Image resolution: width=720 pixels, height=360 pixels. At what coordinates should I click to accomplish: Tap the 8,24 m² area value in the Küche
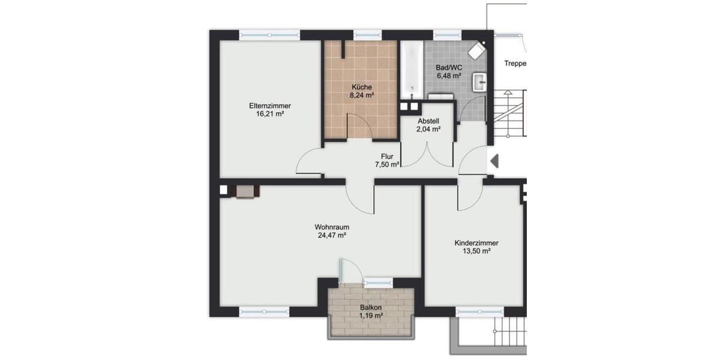pos(362,95)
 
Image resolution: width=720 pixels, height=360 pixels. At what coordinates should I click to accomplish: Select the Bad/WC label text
pos(448,68)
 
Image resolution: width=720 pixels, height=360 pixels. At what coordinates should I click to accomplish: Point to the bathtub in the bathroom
pos(412,69)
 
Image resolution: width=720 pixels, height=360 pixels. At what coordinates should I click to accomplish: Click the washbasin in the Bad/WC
pos(480,82)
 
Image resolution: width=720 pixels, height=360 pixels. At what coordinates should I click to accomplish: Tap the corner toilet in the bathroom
pos(478,50)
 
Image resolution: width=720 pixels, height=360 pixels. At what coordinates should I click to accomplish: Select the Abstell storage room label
pos(429,121)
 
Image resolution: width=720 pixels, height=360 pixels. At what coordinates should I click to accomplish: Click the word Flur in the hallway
pos(387,157)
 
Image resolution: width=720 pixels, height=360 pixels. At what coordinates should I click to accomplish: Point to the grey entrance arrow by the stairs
pos(494,161)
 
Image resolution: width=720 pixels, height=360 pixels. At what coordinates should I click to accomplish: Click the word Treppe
pos(515,63)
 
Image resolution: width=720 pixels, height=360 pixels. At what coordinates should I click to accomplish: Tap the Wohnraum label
pos(332,227)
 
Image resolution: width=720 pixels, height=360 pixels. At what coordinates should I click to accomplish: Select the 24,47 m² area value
pos(332,236)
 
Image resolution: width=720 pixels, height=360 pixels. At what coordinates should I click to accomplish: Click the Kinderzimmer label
pos(476,243)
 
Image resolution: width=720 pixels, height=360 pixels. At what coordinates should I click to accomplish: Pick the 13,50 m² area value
pos(476,251)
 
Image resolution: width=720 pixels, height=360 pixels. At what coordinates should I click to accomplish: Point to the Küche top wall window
pos(368,35)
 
